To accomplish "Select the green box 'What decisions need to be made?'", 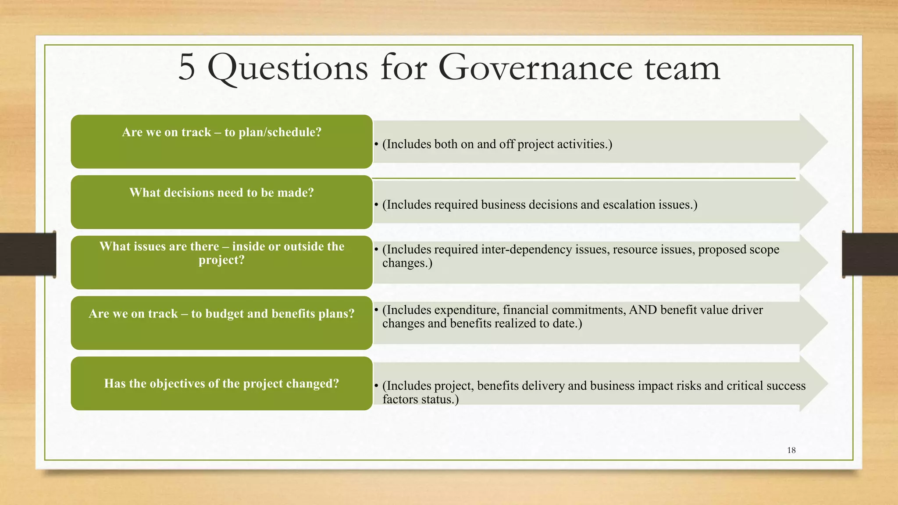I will click(221, 202).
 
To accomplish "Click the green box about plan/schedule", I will click(221, 142).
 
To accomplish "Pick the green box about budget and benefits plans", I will click(221, 323).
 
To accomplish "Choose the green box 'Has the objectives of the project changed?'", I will click(221, 384).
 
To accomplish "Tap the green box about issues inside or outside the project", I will click(221, 263).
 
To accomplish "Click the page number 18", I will click(791, 450).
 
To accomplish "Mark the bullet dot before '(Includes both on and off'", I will click(376, 144).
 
